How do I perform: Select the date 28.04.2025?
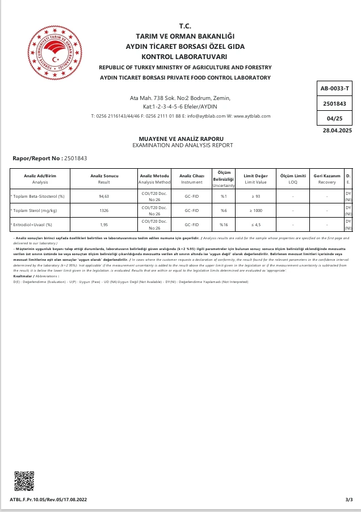coord(337,131)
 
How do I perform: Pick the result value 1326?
coord(104,210)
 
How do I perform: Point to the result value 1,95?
coord(104,224)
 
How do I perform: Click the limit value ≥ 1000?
coord(255,210)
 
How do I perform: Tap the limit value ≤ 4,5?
coord(255,224)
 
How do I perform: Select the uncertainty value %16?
coord(224,224)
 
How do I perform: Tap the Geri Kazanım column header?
coord(327,176)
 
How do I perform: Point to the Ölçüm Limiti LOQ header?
coord(293,179)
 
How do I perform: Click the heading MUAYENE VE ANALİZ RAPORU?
coord(182,139)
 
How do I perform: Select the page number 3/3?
coord(349,499)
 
